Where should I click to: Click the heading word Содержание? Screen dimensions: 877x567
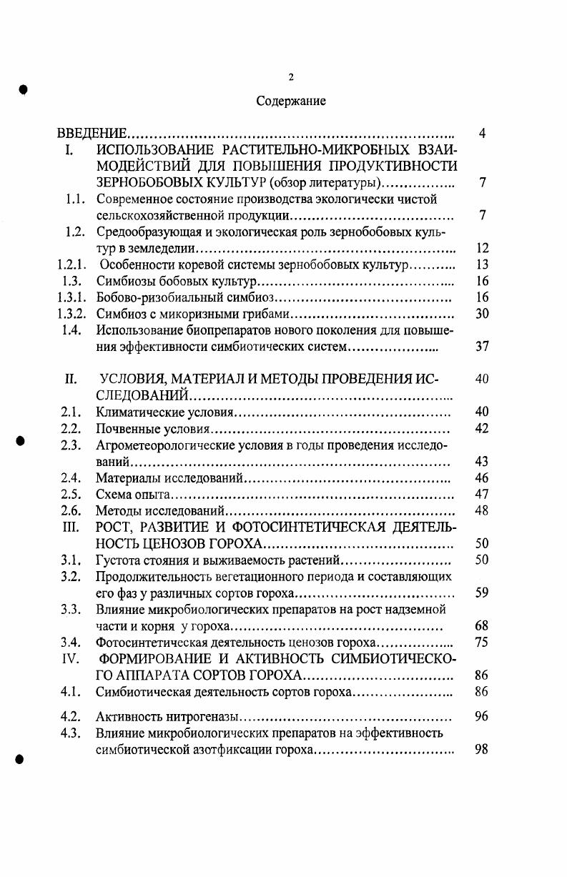point(291,101)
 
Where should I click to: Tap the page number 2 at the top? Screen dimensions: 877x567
point(290,77)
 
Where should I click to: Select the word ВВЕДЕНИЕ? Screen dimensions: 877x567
point(92,134)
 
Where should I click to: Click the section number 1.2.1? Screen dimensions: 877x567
point(72,266)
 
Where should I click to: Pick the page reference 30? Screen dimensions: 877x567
point(481,314)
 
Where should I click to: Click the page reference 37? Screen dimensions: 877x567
point(481,347)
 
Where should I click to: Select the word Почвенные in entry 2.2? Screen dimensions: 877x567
point(126,430)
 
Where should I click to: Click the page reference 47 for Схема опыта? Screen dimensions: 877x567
point(481,495)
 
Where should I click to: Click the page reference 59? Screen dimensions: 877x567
point(481,593)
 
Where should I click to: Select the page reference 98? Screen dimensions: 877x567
point(481,749)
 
